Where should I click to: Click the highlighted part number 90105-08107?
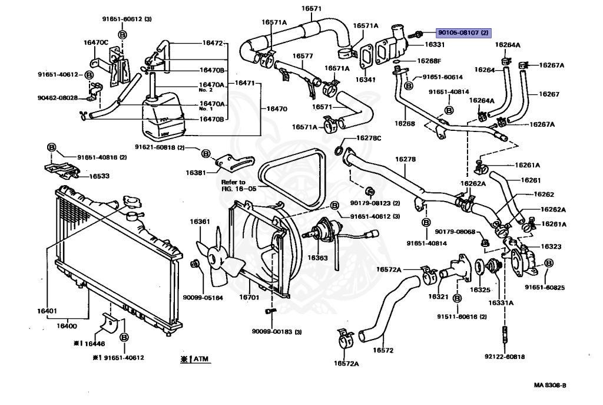[463, 33]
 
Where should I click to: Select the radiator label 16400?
[67, 325]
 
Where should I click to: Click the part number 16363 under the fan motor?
[317, 257]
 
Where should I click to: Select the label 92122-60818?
[505, 357]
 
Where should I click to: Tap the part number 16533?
[99, 176]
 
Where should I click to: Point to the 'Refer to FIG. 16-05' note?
[234, 186]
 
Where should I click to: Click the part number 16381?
[196, 173]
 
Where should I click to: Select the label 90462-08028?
[57, 97]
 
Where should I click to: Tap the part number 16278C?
[369, 138]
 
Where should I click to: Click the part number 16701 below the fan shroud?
[249, 298]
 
